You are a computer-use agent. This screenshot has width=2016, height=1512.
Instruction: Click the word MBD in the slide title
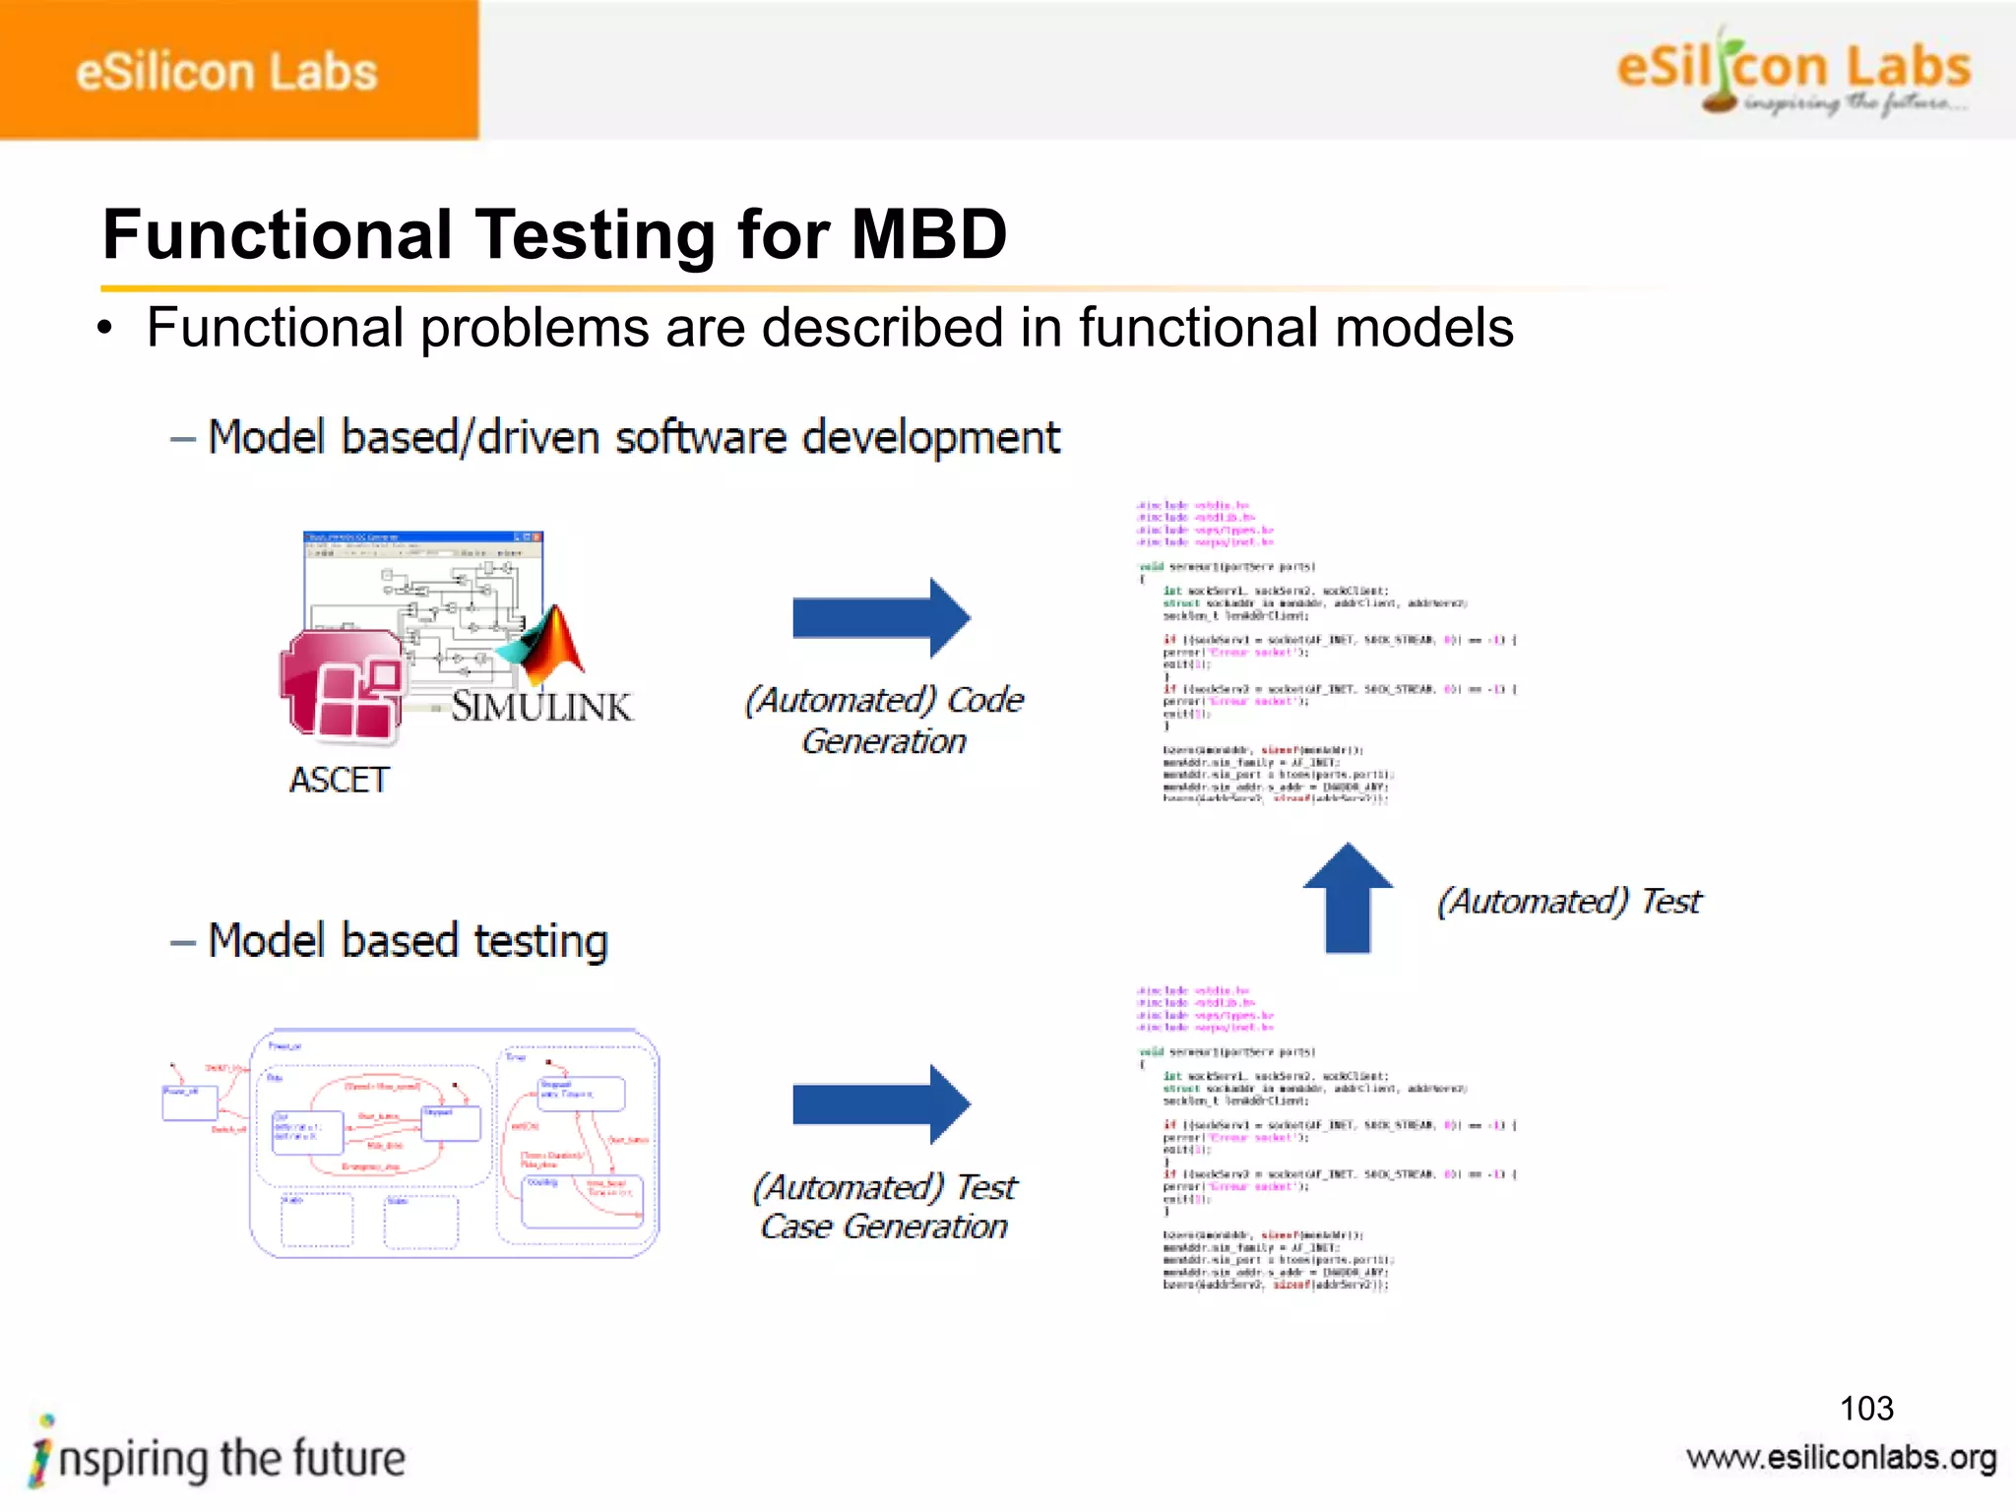(928, 235)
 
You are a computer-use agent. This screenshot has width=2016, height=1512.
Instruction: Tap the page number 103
(1866, 1409)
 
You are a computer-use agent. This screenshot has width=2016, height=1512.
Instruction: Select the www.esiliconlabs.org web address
(1841, 1458)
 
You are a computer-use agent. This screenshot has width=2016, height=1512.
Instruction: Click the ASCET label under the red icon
(339, 780)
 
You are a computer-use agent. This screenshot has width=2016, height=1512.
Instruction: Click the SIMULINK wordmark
(541, 707)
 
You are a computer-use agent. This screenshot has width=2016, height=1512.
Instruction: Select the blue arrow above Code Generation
(880, 618)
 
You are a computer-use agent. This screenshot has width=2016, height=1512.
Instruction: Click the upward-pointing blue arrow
(1348, 897)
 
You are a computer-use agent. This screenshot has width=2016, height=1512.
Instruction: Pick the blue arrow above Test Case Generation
(880, 1103)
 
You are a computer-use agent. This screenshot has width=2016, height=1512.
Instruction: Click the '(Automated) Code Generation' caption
(883, 720)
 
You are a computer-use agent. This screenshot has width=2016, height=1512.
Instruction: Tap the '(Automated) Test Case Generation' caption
(883, 1206)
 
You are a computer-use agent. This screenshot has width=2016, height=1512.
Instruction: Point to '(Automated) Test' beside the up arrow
(1569, 901)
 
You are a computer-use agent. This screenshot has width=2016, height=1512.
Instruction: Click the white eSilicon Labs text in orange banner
(226, 72)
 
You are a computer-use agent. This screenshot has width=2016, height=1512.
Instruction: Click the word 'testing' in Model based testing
(540, 941)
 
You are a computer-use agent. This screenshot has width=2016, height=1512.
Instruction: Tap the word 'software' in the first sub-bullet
(701, 437)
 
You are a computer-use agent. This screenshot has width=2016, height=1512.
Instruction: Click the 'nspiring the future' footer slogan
(230, 1458)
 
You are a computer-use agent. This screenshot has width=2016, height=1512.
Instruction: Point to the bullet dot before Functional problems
(105, 329)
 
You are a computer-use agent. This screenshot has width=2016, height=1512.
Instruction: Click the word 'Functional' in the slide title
(278, 235)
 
